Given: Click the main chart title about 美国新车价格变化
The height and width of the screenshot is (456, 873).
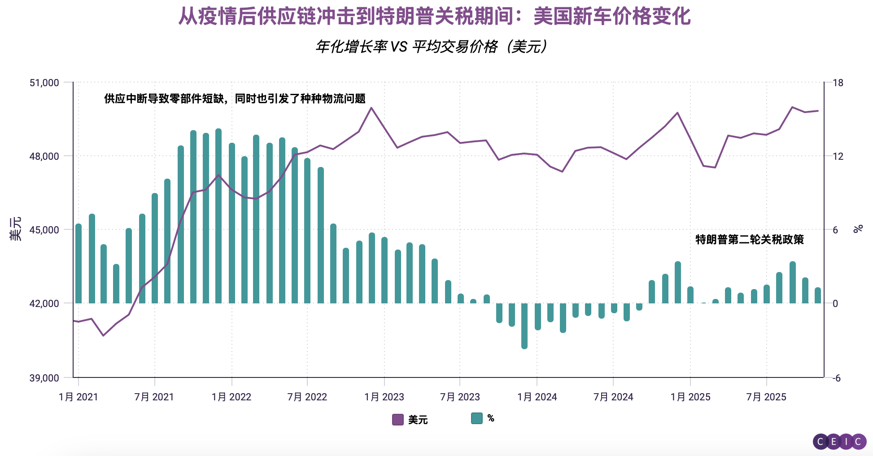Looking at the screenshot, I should (x=434, y=16).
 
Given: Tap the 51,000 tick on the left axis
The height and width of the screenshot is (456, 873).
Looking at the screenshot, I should (x=44, y=83).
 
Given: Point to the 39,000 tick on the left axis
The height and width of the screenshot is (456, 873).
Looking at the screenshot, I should (x=44, y=378).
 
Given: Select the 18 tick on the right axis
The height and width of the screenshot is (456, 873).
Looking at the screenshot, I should (x=838, y=83).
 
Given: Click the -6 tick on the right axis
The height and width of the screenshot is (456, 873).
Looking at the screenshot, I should (x=837, y=378).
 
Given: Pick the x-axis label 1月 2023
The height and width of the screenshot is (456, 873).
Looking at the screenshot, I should (x=384, y=397).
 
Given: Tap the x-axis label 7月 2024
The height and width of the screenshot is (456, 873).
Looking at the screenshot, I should (x=613, y=397).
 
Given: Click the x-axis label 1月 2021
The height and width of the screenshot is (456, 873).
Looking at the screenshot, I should (x=78, y=397).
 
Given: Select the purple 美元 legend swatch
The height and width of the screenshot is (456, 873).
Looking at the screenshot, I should (x=397, y=420).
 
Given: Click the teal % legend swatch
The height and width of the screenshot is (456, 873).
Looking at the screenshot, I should (x=476, y=418).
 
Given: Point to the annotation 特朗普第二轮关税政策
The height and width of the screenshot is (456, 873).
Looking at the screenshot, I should (x=749, y=240).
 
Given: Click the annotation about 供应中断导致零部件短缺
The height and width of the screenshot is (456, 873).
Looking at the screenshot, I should (x=235, y=99).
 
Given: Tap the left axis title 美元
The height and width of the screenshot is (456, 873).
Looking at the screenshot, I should (x=16, y=229).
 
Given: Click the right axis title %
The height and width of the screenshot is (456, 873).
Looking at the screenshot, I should (x=858, y=229).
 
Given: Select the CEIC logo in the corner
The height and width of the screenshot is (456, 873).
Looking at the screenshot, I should (x=839, y=442).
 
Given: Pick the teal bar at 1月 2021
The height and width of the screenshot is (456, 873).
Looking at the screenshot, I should (x=79, y=263).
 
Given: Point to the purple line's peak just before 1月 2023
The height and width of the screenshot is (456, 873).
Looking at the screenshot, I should (x=371, y=108).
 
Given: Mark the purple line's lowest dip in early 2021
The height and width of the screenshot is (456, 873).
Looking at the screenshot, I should (x=103, y=335).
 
